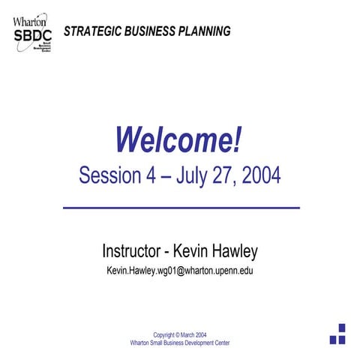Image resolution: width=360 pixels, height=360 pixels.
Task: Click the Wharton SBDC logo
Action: click(31, 34)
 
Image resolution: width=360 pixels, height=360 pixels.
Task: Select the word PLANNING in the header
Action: click(204, 31)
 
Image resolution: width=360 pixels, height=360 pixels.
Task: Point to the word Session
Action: click(109, 175)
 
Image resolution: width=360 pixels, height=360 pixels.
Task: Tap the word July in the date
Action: click(195, 175)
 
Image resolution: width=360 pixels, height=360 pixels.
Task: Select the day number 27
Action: click(229, 175)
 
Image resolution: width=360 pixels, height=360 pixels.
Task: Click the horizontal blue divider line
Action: click(181, 207)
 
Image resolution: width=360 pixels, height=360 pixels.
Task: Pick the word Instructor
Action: click(132, 250)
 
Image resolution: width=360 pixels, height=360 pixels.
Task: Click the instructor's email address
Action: click(180, 270)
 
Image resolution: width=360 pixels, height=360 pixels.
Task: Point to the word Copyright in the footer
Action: click(167, 334)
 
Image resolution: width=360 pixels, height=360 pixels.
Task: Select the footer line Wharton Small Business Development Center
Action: click(180, 343)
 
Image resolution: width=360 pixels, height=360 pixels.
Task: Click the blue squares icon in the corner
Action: click(338, 334)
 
